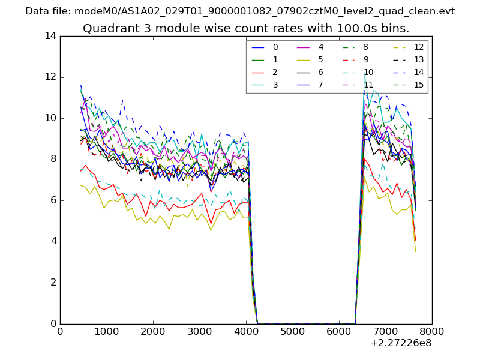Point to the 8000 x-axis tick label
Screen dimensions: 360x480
click(x=432, y=331)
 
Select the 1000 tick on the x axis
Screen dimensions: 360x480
click(x=106, y=331)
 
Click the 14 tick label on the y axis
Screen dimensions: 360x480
click(x=50, y=36)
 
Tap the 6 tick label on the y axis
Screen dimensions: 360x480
click(x=53, y=200)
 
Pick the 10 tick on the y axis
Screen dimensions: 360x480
click(x=50, y=118)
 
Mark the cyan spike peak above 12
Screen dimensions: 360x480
click(x=364, y=74)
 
